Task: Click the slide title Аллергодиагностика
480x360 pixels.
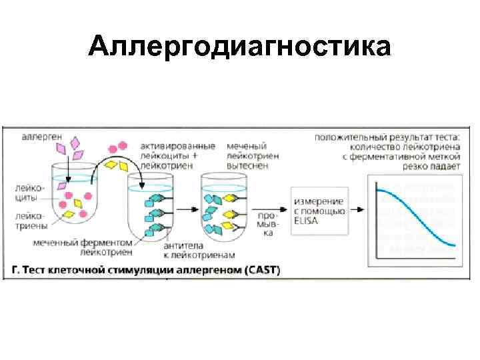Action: click(x=239, y=47)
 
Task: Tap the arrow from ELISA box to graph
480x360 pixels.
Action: click(x=357, y=209)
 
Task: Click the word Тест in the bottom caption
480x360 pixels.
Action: click(x=39, y=271)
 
